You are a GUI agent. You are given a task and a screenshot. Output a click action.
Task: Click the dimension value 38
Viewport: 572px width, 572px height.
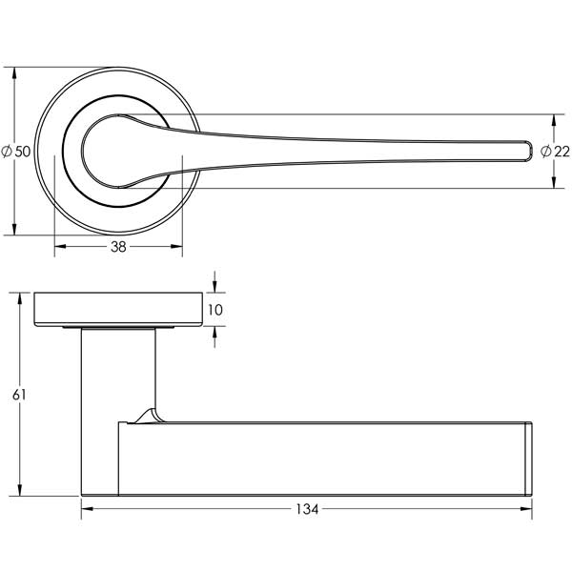117,247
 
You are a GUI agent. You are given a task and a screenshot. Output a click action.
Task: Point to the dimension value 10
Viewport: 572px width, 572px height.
214,310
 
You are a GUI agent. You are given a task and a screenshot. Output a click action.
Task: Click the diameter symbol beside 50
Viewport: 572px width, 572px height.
8,151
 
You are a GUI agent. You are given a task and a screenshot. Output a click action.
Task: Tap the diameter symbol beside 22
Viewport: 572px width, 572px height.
544,152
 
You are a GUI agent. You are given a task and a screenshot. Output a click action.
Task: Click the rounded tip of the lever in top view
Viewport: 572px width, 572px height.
524,150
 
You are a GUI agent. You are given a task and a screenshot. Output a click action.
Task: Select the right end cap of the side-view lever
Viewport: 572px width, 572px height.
529,459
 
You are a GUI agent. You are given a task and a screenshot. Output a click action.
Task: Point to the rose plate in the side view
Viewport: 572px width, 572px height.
116,309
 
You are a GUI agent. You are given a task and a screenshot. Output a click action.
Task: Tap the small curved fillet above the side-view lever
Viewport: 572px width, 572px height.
147,414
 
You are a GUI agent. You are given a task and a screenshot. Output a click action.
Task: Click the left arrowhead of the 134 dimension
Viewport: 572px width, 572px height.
86,509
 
